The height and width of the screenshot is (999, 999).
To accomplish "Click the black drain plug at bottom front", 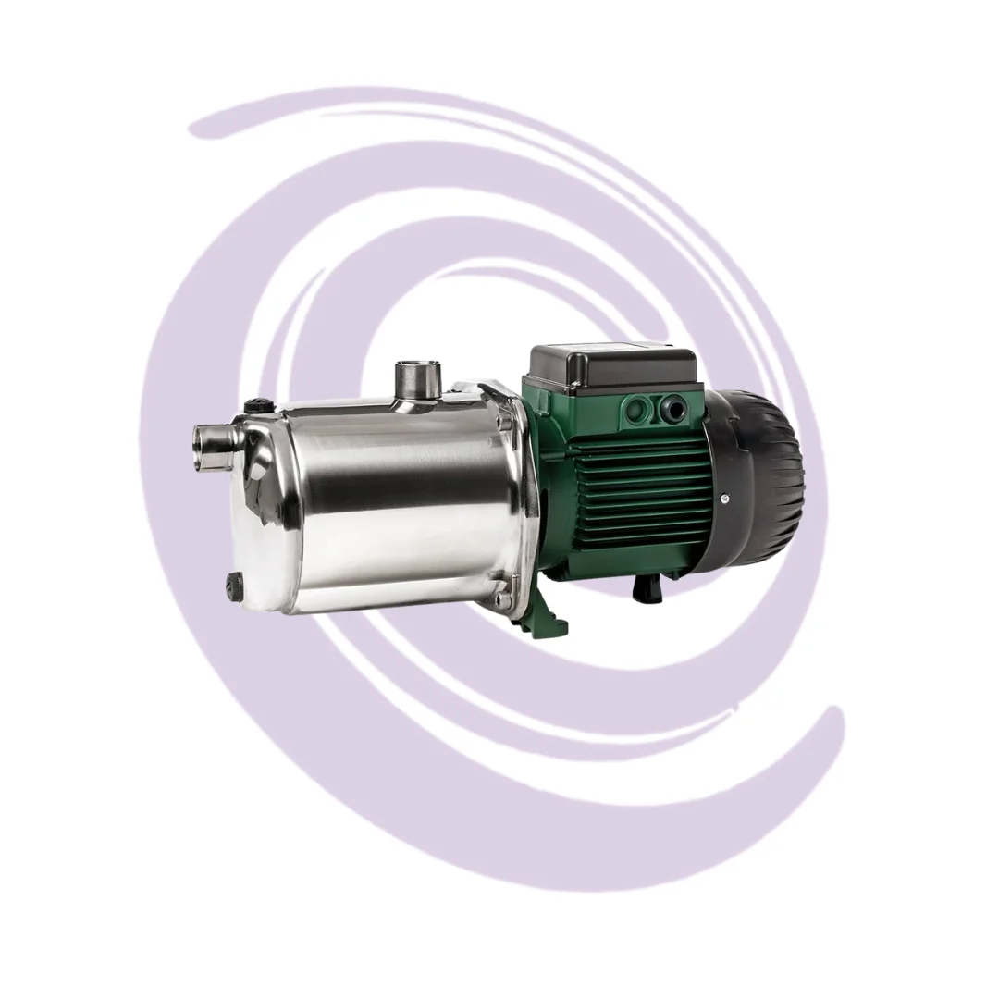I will point(234,583).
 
